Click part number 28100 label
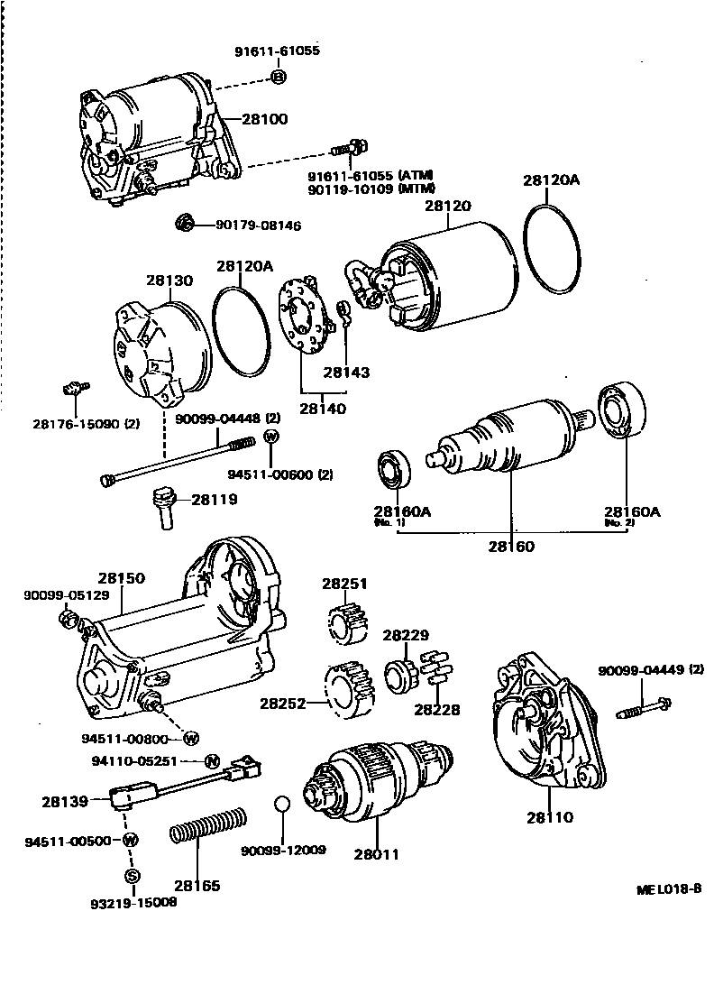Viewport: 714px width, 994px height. click(265, 119)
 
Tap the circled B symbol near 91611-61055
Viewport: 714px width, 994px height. click(279, 78)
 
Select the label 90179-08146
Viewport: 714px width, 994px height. click(258, 225)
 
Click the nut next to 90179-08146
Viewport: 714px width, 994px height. click(184, 223)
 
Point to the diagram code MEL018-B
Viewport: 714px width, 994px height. click(668, 888)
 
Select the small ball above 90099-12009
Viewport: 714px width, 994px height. click(282, 805)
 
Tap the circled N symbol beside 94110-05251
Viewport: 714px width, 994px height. click(212, 760)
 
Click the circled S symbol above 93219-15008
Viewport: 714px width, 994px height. click(132, 876)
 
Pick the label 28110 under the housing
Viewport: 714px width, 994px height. click(550, 818)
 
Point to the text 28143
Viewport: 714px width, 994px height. click(347, 372)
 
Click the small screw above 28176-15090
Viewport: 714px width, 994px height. click(76, 389)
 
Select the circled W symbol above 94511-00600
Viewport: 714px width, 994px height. click(270, 437)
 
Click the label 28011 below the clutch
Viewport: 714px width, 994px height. click(376, 854)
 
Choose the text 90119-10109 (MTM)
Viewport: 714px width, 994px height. click(371, 189)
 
